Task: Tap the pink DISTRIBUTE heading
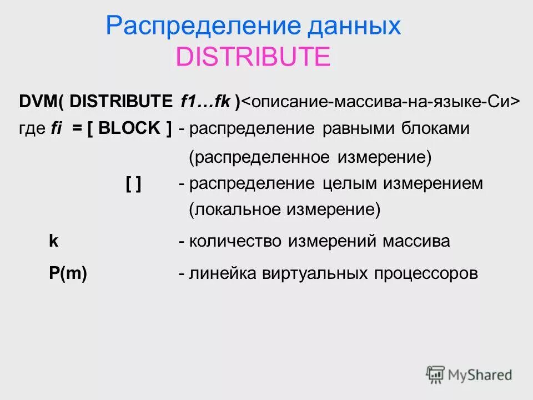[x=253, y=57]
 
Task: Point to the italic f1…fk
[x=206, y=102]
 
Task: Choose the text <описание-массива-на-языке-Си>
[x=381, y=102]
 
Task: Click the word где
[x=32, y=128]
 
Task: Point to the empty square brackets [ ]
[x=133, y=184]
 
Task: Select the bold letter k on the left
[x=54, y=241]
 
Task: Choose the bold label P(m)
[x=68, y=273]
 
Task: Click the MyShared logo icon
[x=435, y=374]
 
